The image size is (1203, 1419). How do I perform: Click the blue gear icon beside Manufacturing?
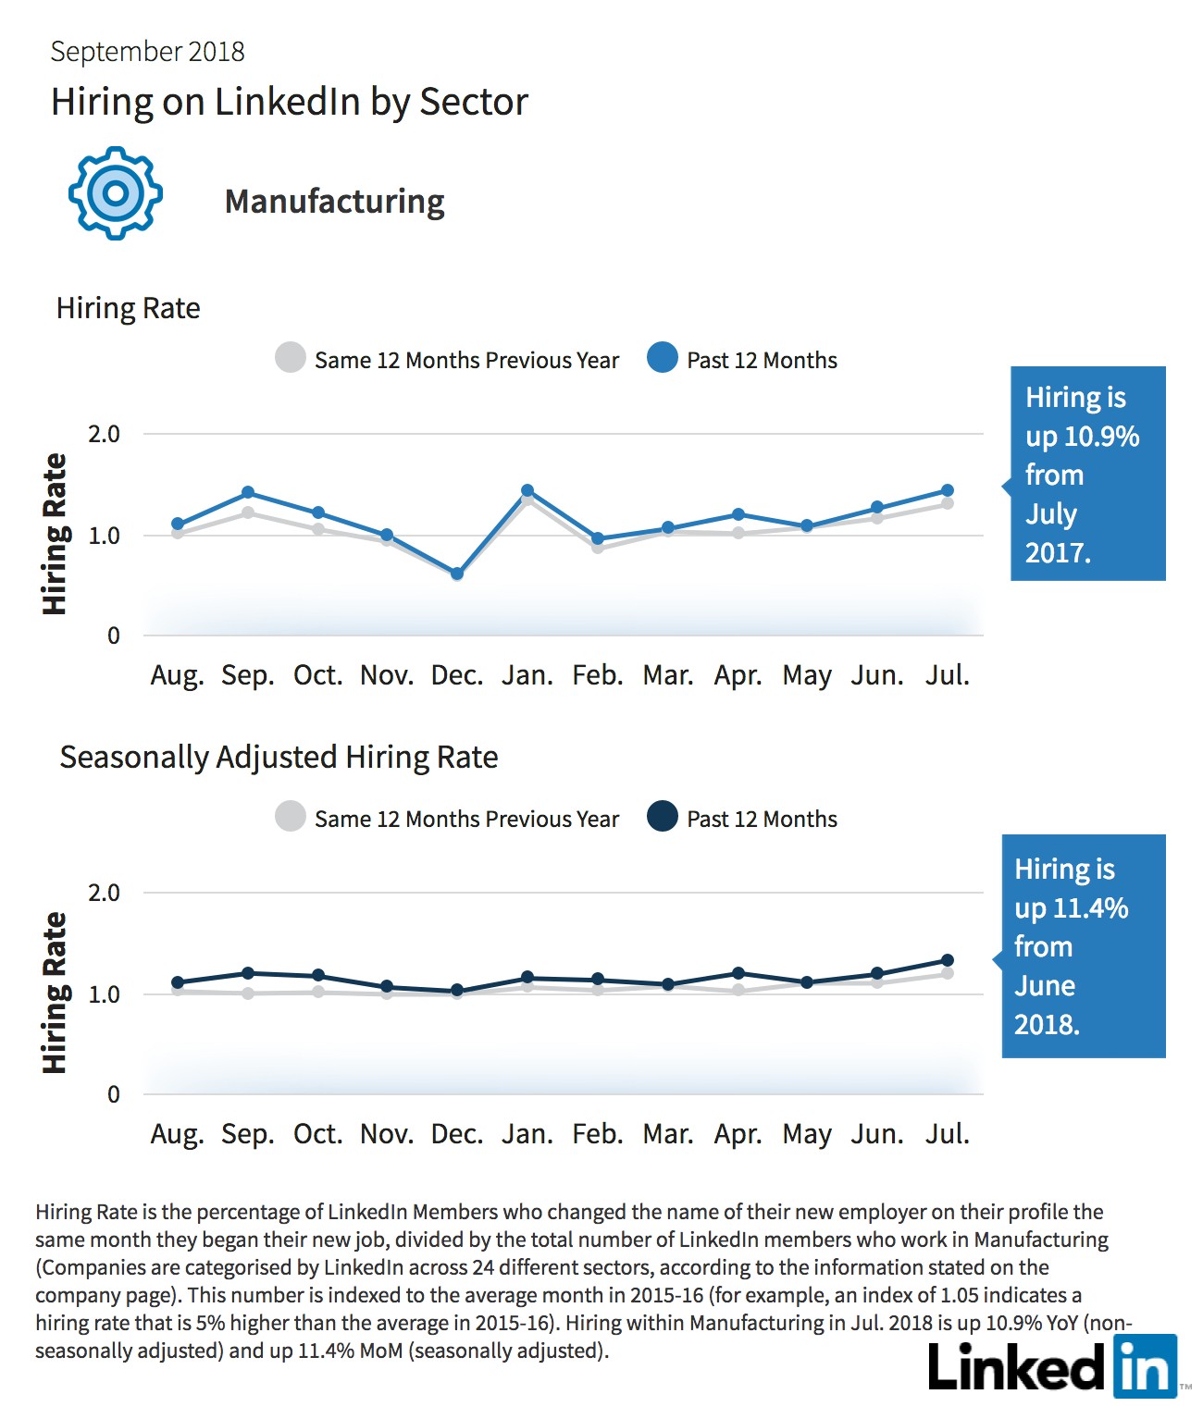(116, 193)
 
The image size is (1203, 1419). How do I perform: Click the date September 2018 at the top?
(148, 52)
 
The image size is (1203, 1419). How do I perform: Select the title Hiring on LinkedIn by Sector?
(289, 102)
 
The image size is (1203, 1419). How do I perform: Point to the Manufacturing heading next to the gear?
(334, 201)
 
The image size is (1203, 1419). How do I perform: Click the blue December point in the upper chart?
(456, 574)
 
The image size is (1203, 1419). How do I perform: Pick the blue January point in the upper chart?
(527, 490)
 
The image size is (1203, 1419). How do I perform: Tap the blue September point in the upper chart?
(248, 492)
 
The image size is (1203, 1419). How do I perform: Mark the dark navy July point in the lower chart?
(948, 960)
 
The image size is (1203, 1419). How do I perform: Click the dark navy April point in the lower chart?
(738, 973)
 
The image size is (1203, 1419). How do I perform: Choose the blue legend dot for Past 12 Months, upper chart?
(663, 358)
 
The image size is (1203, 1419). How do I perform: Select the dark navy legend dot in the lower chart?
(663, 816)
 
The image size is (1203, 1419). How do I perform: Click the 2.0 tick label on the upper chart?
(104, 434)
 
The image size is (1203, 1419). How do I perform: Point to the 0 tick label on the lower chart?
(113, 1094)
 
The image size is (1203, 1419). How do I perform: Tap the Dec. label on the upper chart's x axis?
(456, 675)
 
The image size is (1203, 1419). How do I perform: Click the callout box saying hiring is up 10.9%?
(1087, 474)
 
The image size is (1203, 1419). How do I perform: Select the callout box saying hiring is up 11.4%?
(1083, 946)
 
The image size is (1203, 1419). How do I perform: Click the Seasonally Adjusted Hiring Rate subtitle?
(279, 758)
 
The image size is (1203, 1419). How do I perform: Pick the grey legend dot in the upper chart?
(291, 358)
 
